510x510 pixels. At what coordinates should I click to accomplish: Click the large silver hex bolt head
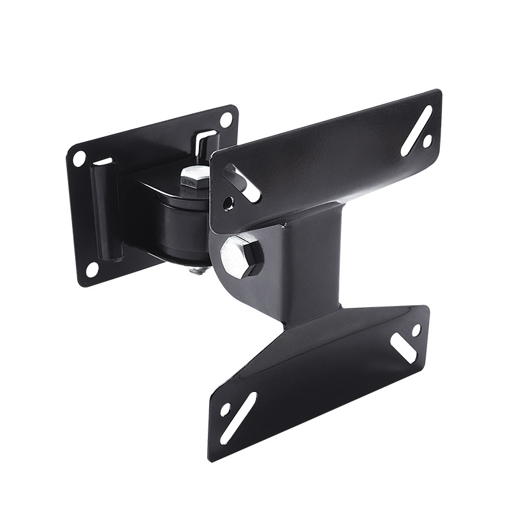(242, 254)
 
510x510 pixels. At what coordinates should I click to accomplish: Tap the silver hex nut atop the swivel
(194, 177)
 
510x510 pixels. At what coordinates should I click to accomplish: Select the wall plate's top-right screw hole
(226, 120)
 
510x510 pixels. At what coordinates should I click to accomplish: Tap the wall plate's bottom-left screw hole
(92, 269)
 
